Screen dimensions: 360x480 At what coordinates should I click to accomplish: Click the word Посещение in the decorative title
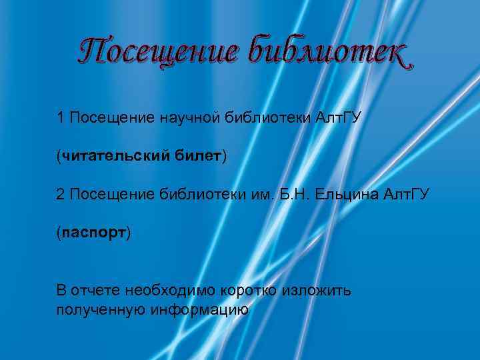click(155, 52)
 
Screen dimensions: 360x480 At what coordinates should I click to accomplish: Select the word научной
click(189, 119)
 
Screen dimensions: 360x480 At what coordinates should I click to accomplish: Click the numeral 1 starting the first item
click(61, 118)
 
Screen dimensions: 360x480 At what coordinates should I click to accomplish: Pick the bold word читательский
click(108, 157)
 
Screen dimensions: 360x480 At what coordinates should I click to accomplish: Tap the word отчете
click(94, 291)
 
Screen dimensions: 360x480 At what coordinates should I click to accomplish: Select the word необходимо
click(171, 291)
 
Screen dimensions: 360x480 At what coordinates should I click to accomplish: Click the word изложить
click(317, 291)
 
